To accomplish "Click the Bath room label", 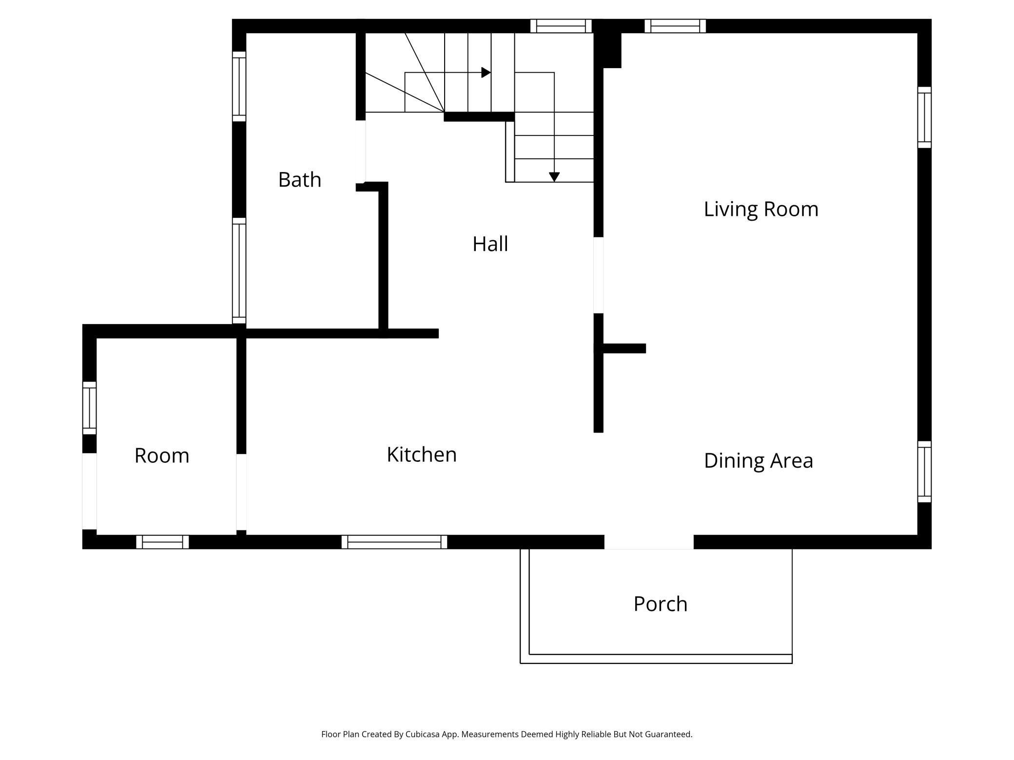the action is click(x=300, y=180).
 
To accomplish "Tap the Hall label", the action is click(x=490, y=244).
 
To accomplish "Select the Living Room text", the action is click(x=761, y=209).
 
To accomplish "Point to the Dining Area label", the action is click(x=759, y=461).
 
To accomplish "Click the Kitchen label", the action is click(x=422, y=455).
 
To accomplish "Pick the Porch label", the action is click(x=661, y=604).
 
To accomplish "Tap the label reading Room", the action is click(x=162, y=456).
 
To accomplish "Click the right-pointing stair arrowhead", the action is click(x=486, y=73).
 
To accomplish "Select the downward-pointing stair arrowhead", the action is click(x=554, y=177).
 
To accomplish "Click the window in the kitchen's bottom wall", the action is click(x=394, y=542).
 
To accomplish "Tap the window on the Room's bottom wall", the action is click(x=162, y=542).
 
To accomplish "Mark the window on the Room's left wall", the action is click(x=89, y=408).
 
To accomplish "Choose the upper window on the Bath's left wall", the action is click(x=239, y=86).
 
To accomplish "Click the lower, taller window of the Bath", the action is click(x=239, y=270).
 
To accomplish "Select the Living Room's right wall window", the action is click(x=924, y=117).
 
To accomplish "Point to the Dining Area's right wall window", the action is click(x=924, y=472).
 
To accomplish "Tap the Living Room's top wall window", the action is click(x=675, y=26).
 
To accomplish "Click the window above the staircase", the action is click(x=561, y=26).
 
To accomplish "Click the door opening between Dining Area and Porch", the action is click(x=649, y=542).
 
